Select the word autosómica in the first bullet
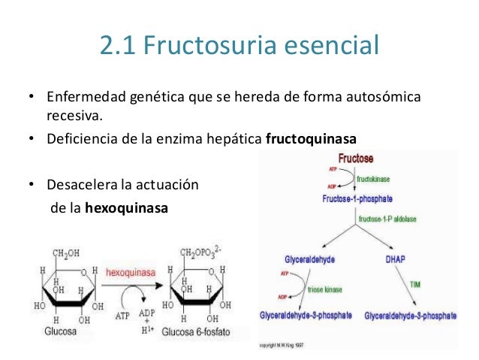pos(385,99)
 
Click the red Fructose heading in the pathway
pos(356,159)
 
